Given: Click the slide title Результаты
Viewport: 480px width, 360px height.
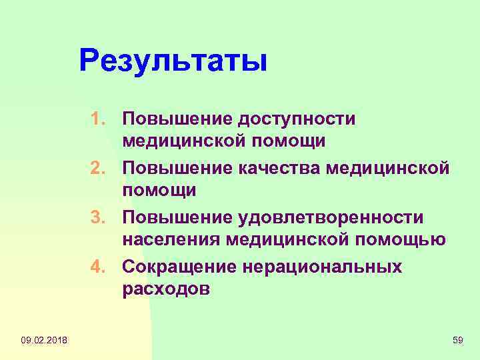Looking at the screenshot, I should [173, 61].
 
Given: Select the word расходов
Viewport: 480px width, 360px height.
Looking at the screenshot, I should [166, 290].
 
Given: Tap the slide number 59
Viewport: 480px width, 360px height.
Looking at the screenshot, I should [457, 341].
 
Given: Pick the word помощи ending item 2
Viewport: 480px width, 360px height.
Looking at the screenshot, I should [159, 191].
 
